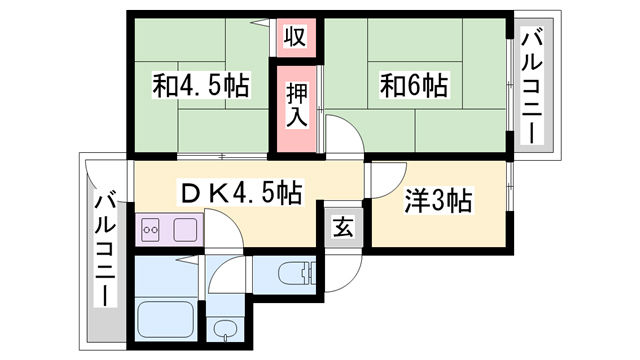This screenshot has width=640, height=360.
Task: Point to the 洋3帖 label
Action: (x=437, y=201)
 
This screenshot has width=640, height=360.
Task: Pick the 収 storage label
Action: (x=296, y=38)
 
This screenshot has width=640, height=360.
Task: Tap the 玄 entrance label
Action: (x=343, y=227)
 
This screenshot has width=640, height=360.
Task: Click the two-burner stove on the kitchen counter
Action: (x=153, y=229)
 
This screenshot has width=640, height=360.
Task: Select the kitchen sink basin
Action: (x=186, y=229)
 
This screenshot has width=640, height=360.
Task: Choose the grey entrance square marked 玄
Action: (x=343, y=227)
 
